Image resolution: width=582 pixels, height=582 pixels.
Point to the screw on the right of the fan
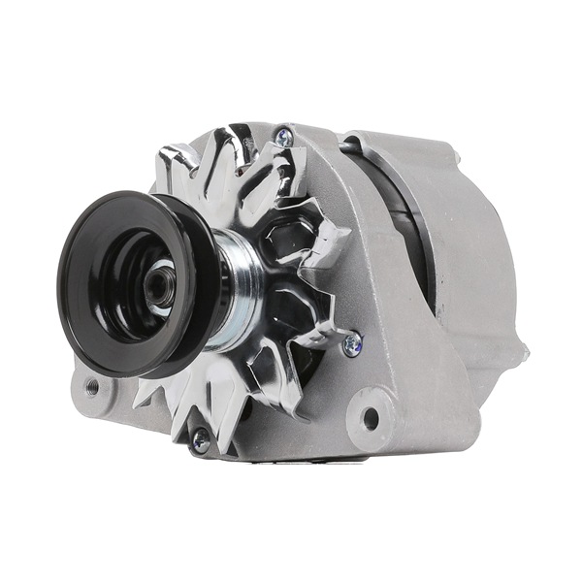(x=351, y=342)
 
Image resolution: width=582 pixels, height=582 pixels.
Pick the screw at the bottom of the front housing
(x=200, y=441)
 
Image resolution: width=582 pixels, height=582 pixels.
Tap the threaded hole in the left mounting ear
(x=92, y=387)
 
